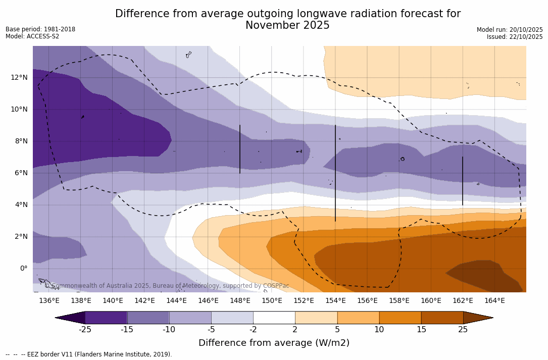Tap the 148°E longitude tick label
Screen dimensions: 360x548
point(240,301)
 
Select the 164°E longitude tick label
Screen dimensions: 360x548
point(494,301)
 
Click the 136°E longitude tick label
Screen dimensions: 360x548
point(49,301)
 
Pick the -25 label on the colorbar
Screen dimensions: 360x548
point(85,330)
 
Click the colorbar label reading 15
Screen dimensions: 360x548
point(421,330)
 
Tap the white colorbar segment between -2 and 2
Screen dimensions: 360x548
point(274,318)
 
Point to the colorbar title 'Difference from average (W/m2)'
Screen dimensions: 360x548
point(274,343)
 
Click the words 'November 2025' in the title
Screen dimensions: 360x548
point(287,26)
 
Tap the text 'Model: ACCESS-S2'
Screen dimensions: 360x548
point(32,36)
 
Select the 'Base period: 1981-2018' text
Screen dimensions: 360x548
point(40,29)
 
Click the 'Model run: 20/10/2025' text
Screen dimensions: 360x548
point(510,30)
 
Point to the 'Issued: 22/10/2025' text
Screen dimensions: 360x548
point(515,37)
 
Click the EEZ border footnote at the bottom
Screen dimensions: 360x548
point(89,354)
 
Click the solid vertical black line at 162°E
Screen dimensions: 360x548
point(463,181)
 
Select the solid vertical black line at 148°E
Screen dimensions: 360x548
point(240,149)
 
